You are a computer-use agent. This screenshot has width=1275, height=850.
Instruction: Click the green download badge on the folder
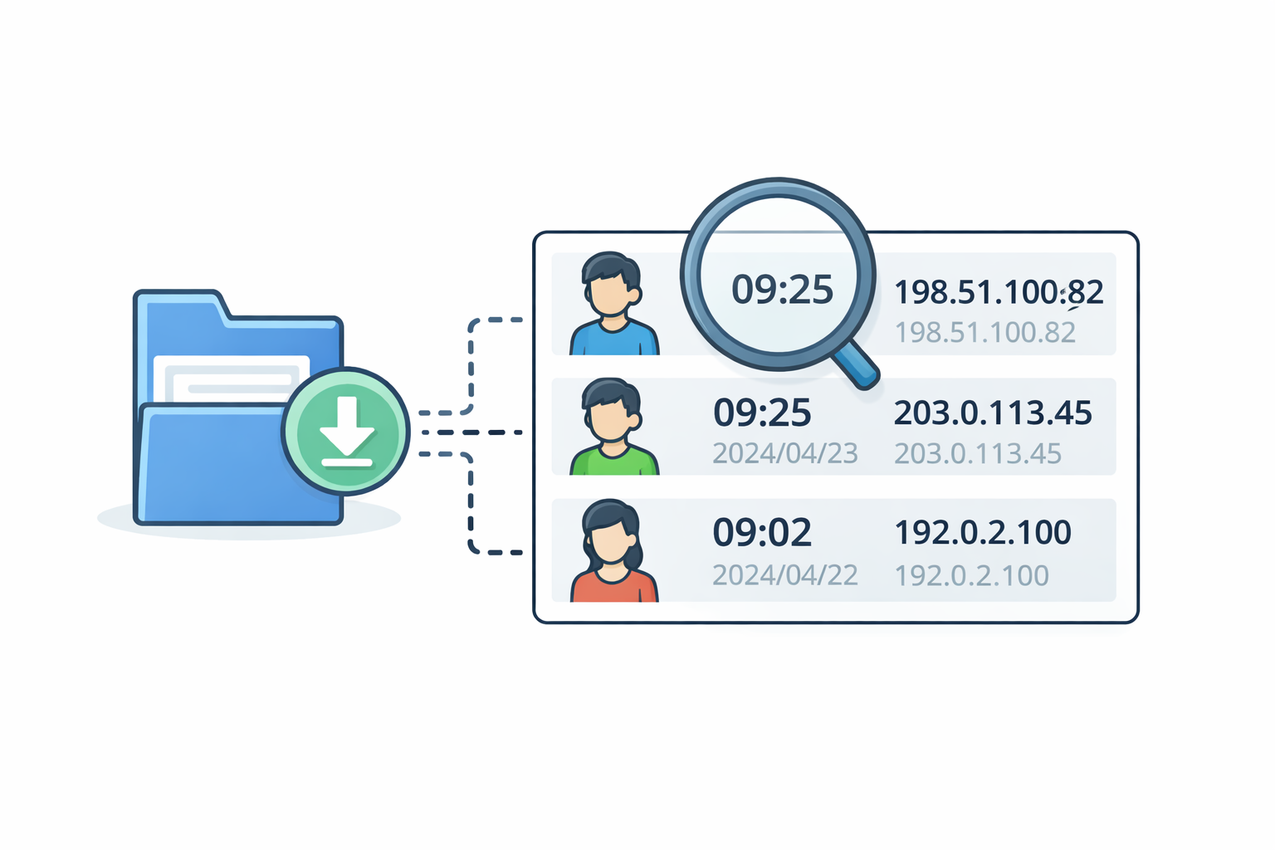click(345, 431)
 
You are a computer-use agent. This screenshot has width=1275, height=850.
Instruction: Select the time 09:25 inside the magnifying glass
click(782, 289)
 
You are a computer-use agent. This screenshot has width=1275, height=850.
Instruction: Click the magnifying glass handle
click(857, 365)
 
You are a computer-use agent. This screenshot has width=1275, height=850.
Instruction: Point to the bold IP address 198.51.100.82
click(999, 292)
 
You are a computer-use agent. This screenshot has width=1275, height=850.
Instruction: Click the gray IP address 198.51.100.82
click(985, 333)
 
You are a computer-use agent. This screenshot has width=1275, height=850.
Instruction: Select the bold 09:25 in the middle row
click(762, 413)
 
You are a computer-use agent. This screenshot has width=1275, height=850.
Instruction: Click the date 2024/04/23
click(785, 453)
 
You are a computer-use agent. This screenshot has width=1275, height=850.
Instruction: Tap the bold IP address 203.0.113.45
click(993, 413)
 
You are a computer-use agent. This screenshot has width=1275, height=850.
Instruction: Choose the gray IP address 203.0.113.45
click(978, 454)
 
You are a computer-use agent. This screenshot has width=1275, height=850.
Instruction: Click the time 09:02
click(762, 532)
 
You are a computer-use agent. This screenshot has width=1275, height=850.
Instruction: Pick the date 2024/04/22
click(785, 575)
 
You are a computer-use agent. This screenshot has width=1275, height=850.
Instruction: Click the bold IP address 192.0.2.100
click(983, 533)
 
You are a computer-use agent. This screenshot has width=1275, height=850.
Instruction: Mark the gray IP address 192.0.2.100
click(972, 575)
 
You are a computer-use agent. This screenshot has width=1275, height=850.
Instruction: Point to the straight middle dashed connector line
click(471, 432)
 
